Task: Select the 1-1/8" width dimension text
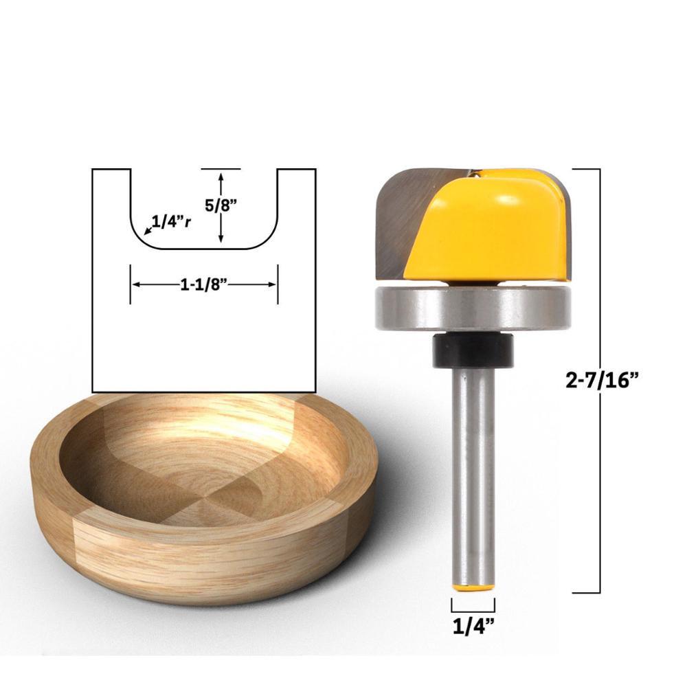pos(205,284)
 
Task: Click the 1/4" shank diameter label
pos(473,626)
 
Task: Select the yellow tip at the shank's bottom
pos(473,587)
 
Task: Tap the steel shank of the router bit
pos(473,467)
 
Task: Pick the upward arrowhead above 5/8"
pos(221,177)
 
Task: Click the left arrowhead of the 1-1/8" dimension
pos(136,284)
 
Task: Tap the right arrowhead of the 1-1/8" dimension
pos(273,284)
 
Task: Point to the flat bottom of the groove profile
pos(204,249)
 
